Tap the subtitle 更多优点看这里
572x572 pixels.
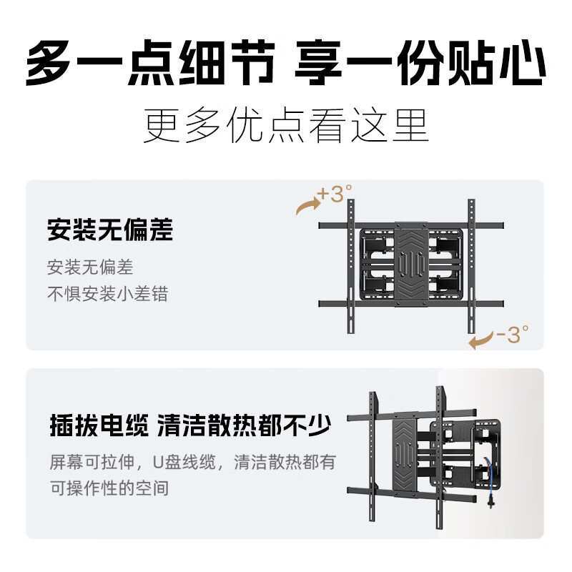pyautogui.click(x=286, y=127)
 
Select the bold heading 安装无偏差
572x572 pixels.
pyautogui.click(x=110, y=231)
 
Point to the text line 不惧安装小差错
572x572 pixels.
pyautogui.click(x=107, y=293)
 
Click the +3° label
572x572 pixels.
pyautogui.click(x=335, y=194)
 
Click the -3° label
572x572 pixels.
pyautogui.click(x=512, y=334)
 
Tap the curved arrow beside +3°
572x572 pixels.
pyautogui.click(x=308, y=206)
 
